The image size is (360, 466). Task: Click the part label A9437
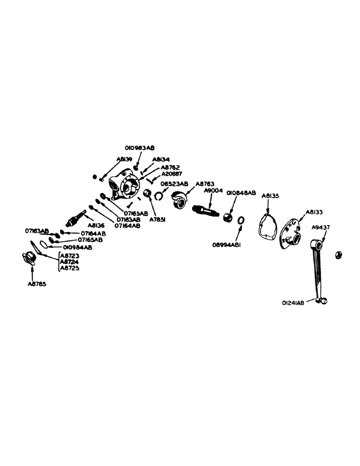(322, 228)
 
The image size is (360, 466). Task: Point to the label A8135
(270, 196)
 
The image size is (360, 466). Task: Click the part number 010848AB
(241, 192)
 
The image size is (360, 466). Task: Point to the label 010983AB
(139, 148)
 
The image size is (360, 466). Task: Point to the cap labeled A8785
(30, 258)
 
